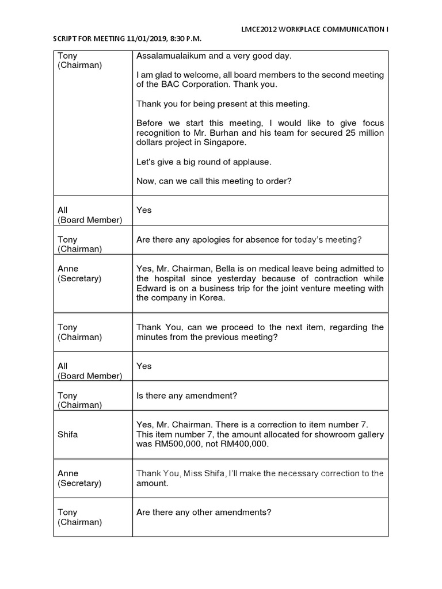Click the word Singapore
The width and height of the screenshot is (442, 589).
pos(222,143)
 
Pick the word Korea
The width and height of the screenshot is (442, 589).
pos(211,298)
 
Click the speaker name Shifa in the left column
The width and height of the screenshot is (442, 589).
pos(67,434)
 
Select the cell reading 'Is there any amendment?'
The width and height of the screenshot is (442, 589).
pos(186,395)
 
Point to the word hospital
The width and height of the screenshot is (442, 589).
pos(170,278)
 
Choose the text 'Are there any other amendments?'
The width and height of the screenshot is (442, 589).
pos(203,512)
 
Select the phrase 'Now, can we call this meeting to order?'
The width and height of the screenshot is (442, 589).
pos(214,181)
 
